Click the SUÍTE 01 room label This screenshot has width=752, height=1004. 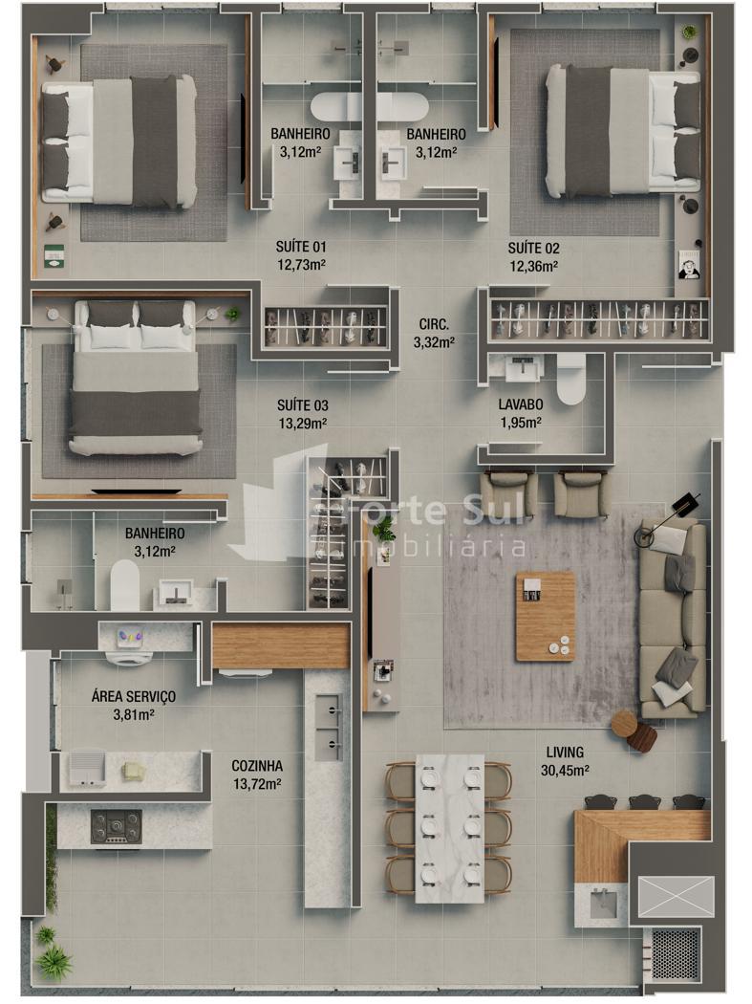point(301,247)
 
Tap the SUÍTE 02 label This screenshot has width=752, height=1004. point(533,249)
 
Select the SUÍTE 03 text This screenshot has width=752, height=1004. point(303,405)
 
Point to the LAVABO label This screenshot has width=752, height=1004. point(521,404)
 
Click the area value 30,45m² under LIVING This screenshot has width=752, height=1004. point(565,771)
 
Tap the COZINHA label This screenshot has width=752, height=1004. point(257,766)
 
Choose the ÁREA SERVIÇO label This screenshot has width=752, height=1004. point(133,697)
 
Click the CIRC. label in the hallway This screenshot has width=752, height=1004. point(434,325)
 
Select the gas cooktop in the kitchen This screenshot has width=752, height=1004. point(116,827)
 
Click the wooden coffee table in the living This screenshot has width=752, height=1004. point(546,616)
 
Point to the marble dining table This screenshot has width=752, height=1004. point(450,829)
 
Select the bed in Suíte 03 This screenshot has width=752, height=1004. point(135,378)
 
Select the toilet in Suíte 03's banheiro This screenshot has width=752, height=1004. point(125,585)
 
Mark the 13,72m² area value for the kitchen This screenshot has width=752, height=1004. point(257,784)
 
